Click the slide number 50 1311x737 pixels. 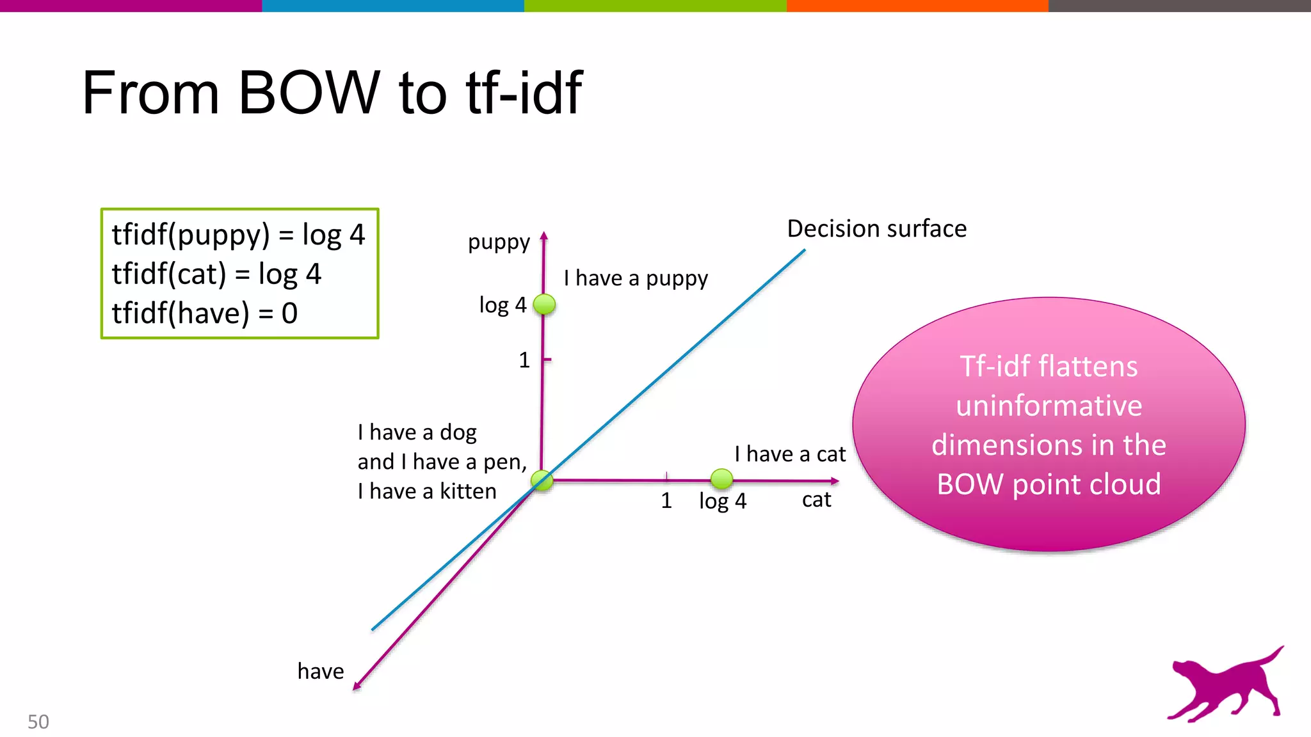(x=38, y=722)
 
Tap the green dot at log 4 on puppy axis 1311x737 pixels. (x=544, y=305)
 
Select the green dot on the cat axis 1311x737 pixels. (x=721, y=479)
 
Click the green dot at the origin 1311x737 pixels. (x=542, y=480)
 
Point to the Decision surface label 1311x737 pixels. (x=876, y=229)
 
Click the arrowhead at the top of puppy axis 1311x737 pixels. (x=544, y=235)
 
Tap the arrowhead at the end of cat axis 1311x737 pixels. (x=835, y=480)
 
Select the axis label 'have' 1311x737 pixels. (x=321, y=671)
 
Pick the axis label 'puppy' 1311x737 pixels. (x=499, y=242)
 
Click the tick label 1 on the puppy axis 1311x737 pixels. (x=524, y=360)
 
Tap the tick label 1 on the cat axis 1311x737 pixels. (x=666, y=501)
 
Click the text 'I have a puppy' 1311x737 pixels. (x=636, y=278)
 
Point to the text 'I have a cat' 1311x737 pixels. (x=789, y=454)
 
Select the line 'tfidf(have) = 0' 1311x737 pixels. (x=205, y=313)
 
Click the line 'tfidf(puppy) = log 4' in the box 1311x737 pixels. (x=238, y=235)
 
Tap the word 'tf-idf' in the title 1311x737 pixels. (x=524, y=93)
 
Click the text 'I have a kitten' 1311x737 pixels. (x=427, y=491)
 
